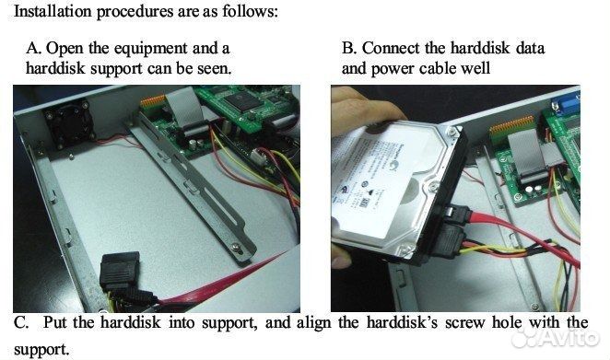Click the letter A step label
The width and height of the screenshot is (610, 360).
(34, 48)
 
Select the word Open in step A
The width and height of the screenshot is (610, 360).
(65, 49)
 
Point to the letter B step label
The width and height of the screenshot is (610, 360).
(349, 48)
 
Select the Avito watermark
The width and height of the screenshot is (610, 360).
(555, 337)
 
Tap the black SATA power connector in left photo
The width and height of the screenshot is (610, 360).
(120, 270)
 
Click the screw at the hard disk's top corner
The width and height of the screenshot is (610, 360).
(452, 134)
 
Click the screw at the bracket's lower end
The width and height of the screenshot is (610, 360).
(235, 248)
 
